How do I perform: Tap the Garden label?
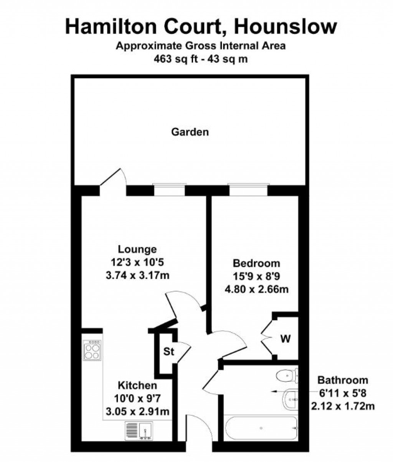(190, 132)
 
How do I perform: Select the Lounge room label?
(137, 249)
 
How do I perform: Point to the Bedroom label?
(256, 263)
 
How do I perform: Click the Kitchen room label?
(137, 386)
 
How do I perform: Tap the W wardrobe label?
(285, 339)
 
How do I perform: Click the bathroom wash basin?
(291, 399)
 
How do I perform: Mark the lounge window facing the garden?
(170, 190)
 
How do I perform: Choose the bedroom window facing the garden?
(248, 190)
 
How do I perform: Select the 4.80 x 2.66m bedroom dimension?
(256, 290)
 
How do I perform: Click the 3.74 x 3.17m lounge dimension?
(137, 276)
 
